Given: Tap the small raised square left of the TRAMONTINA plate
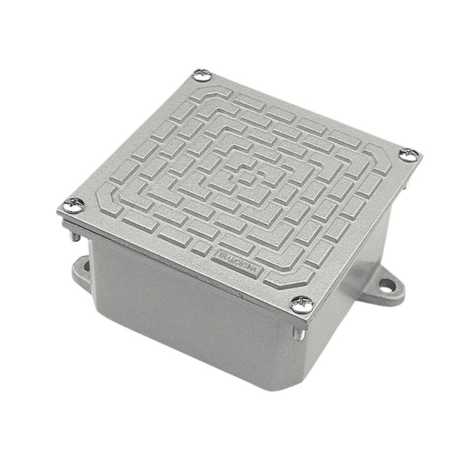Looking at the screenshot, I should coord(201,245).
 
